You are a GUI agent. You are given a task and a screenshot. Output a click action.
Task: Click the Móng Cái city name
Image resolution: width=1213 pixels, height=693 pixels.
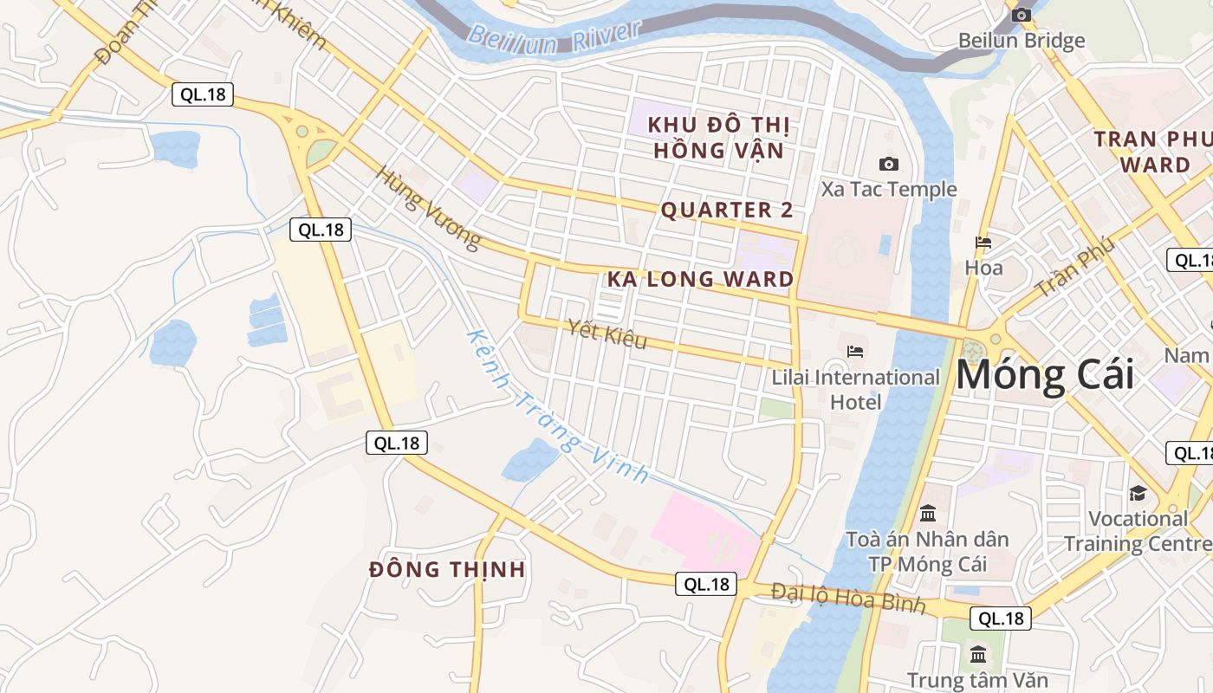(1044, 375)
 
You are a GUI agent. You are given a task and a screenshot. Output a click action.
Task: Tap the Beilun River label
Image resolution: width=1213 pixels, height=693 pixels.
(555, 34)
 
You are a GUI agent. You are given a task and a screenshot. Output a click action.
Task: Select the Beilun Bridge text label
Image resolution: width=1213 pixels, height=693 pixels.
(1021, 41)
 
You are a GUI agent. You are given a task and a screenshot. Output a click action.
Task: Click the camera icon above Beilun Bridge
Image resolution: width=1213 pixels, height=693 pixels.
(1022, 14)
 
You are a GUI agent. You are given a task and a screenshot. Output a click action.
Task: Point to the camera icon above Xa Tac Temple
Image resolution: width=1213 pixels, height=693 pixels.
(888, 164)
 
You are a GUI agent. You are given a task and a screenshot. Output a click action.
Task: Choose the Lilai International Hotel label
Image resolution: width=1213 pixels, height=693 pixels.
(855, 389)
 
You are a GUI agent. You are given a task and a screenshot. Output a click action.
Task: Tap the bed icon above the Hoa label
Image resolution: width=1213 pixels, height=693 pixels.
(983, 243)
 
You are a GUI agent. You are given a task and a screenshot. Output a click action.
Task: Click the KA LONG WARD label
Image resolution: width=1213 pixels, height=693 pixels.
(700, 279)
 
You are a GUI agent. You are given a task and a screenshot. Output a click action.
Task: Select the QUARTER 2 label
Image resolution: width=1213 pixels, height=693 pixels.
(727, 210)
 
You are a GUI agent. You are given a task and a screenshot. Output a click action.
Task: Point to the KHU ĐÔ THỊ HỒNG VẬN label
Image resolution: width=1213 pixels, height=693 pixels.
(718, 138)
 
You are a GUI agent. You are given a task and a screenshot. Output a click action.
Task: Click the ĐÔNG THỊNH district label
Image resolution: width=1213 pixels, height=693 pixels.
(447, 569)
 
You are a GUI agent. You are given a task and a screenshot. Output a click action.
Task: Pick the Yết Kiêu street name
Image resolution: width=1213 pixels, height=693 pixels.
(607, 334)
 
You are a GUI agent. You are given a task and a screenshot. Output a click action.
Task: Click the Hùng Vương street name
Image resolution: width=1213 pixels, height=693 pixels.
(427, 207)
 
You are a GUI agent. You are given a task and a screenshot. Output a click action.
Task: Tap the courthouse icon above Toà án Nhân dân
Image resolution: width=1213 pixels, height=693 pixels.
(928, 513)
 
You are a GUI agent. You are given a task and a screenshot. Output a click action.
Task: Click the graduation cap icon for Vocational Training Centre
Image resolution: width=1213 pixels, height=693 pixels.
(1137, 493)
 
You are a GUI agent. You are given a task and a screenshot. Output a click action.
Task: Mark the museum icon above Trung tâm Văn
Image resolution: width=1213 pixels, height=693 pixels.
(978, 654)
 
